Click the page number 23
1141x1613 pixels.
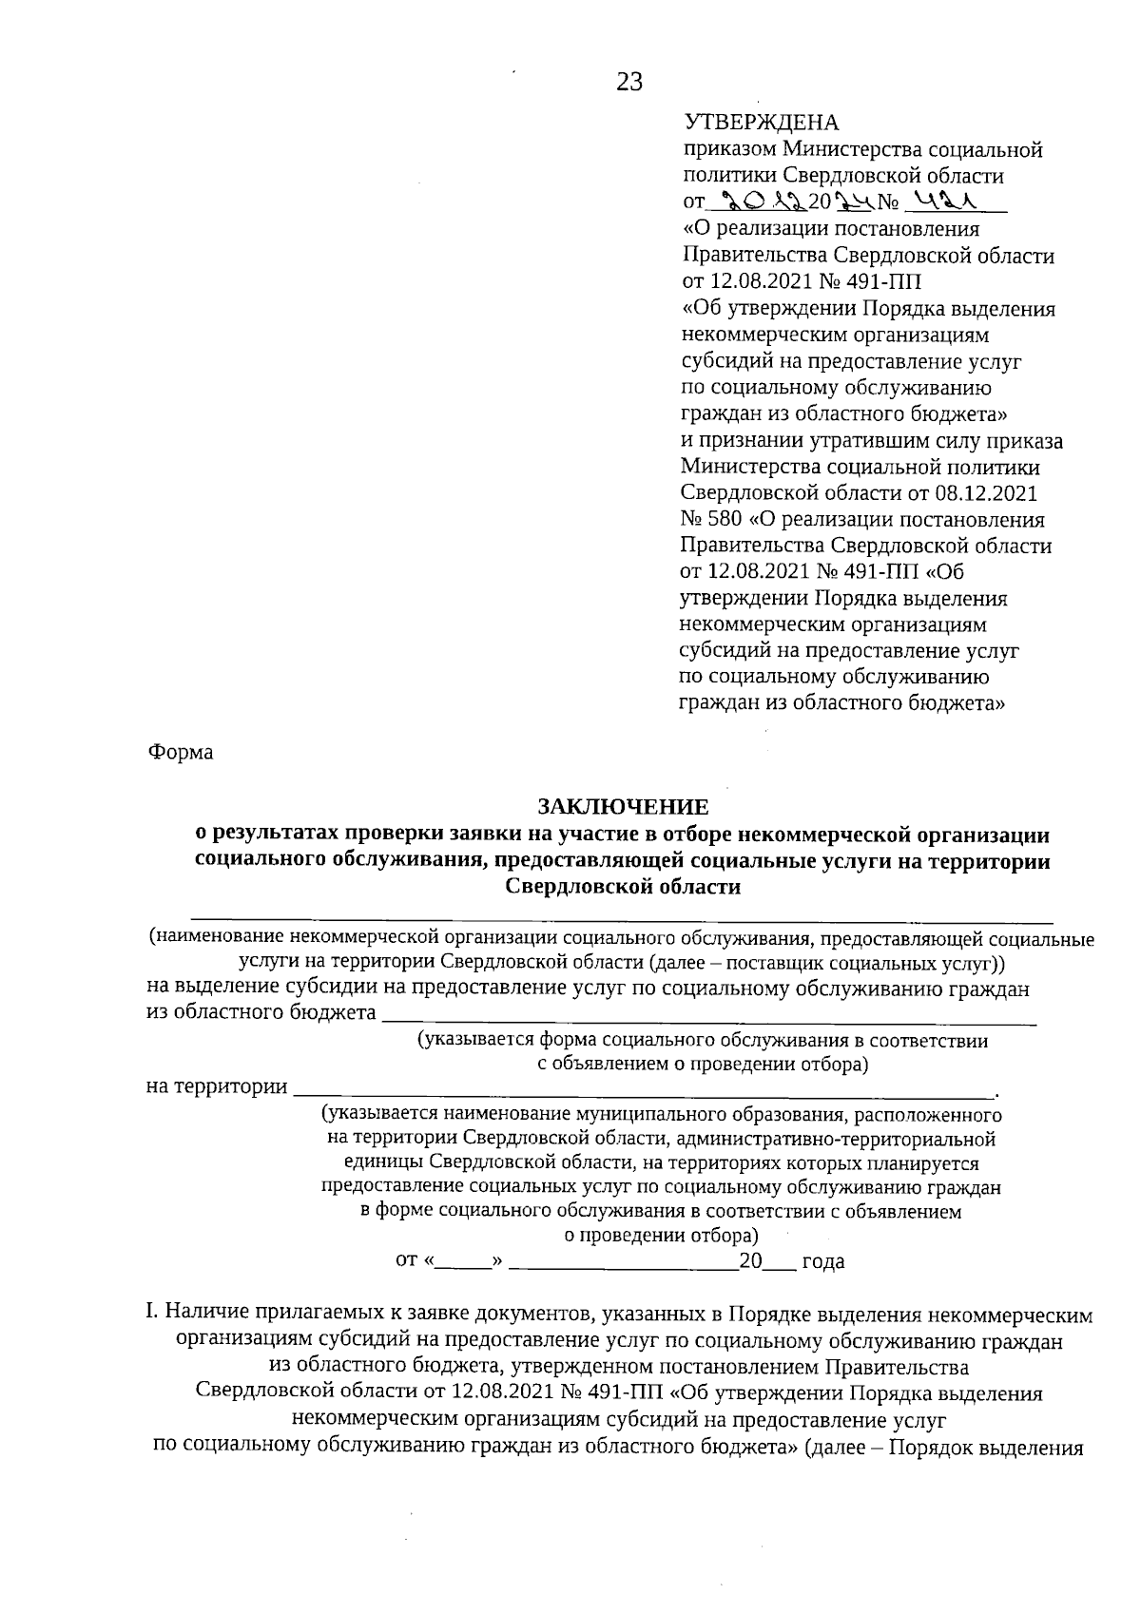tap(629, 83)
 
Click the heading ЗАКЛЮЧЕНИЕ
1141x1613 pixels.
tap(623, 807)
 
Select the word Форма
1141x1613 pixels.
tap(181, 752)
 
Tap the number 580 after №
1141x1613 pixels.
tap(727, 520)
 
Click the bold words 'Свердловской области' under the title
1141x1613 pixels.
tap(623, 887)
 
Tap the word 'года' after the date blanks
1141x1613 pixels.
tap(823, 1262)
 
